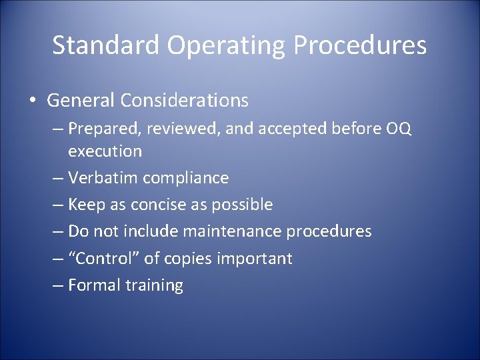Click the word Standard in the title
[107, 45]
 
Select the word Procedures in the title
[361, 45]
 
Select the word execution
[105, 151]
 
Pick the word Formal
[94, 285]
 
